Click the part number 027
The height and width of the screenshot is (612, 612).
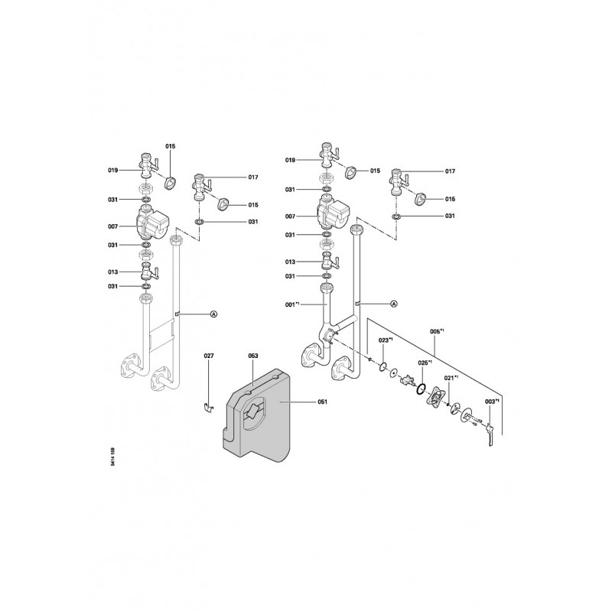209,356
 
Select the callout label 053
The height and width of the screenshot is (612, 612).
253,356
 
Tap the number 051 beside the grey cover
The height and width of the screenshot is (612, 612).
322,402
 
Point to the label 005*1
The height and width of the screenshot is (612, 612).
437,331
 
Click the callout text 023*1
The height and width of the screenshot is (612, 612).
386,340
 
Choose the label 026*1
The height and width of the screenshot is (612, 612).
425,363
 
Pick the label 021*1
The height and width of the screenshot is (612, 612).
452,378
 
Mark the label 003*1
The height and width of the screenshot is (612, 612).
493,402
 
